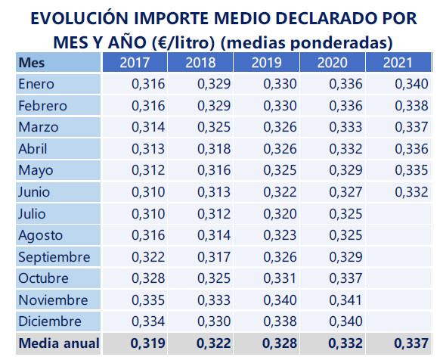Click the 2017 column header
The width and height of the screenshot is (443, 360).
point(135,62)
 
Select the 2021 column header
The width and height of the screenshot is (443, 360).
point(398,62)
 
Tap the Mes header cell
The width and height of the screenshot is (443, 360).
point(58,62)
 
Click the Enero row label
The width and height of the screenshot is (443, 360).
point(36,84)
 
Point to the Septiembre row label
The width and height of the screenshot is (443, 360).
point(54,257)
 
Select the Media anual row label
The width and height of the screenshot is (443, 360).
point(59,343)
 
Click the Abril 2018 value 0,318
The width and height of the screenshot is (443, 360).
point(214,149)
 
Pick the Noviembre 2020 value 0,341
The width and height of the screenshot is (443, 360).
point(345,299)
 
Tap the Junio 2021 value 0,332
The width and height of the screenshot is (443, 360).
point(411,192)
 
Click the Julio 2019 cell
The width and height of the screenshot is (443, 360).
point(266,214)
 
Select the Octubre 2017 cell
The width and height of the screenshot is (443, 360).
point(135,278)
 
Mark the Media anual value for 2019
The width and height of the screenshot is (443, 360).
point(280,343)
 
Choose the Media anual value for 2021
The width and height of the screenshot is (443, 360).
point(411,343)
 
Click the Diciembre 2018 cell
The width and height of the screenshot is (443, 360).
point(200,321)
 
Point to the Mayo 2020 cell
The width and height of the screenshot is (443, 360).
point(333,170)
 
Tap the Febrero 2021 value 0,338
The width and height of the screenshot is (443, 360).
point(411,106)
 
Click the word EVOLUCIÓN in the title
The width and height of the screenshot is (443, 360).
point(79,17)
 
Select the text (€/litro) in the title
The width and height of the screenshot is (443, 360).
point(184,43)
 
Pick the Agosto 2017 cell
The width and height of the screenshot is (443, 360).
point(135,235)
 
